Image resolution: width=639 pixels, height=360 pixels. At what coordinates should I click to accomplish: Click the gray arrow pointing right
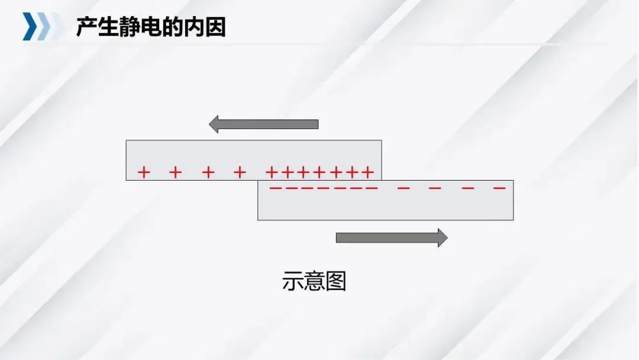[x=391, y=237]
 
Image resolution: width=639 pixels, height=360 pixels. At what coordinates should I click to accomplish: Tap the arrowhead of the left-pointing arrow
[x=214, y=124]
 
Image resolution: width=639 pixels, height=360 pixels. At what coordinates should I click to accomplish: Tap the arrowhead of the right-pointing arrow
[x=442, y=237]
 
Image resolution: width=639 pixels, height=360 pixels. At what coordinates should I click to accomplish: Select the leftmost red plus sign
[x=144, y=172]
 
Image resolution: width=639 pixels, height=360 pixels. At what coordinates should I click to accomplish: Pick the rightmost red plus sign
[x=367, y=172]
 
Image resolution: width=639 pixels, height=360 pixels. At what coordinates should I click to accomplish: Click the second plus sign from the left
[x=175, y=172]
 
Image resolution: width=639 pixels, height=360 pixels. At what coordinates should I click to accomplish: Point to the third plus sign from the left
[x=208, y=172]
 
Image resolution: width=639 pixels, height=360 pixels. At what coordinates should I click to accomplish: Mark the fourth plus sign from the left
[x=240, y=172]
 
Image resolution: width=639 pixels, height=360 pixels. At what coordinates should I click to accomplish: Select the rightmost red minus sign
[x=499, y=188]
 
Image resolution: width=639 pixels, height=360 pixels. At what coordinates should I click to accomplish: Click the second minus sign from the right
[x=467, y=188]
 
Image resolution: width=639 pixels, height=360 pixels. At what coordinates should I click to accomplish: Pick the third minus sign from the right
[x=435, y=188]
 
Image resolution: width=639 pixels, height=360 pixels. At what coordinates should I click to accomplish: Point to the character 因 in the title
[x=215, y=27]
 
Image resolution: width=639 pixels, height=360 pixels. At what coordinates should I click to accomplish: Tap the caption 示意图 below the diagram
[x=314, y=281]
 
